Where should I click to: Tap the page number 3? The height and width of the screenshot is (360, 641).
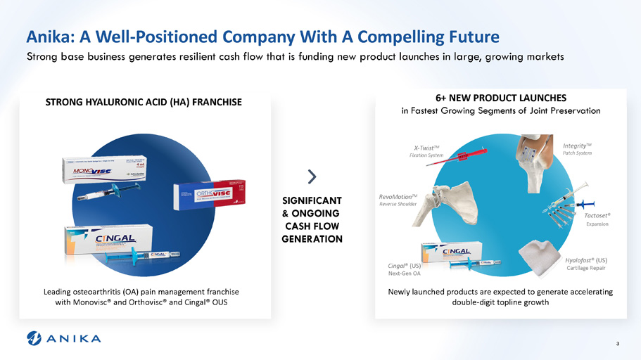tap(617, 343)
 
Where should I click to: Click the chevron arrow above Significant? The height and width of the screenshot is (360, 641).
tap(312, 175)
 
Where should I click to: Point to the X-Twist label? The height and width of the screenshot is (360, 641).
tap(427, 151)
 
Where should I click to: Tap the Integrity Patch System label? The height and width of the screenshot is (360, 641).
tap(577, 148)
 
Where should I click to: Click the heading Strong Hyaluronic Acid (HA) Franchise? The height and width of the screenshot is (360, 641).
tap(144, 103)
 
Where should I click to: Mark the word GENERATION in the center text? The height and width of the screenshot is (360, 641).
tap(312, 239)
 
